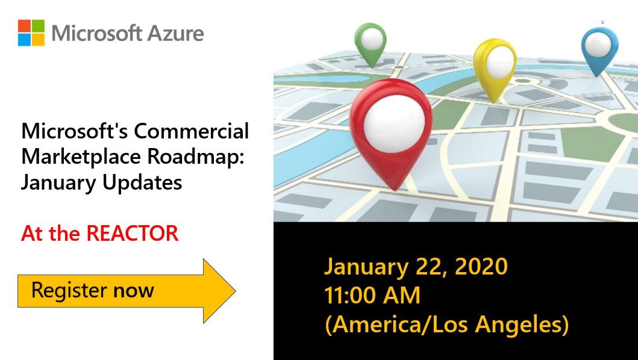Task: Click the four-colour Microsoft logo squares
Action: point(31,33)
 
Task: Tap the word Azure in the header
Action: point(178,33)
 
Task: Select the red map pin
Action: point(391,132)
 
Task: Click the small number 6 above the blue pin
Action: point(602,22)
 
